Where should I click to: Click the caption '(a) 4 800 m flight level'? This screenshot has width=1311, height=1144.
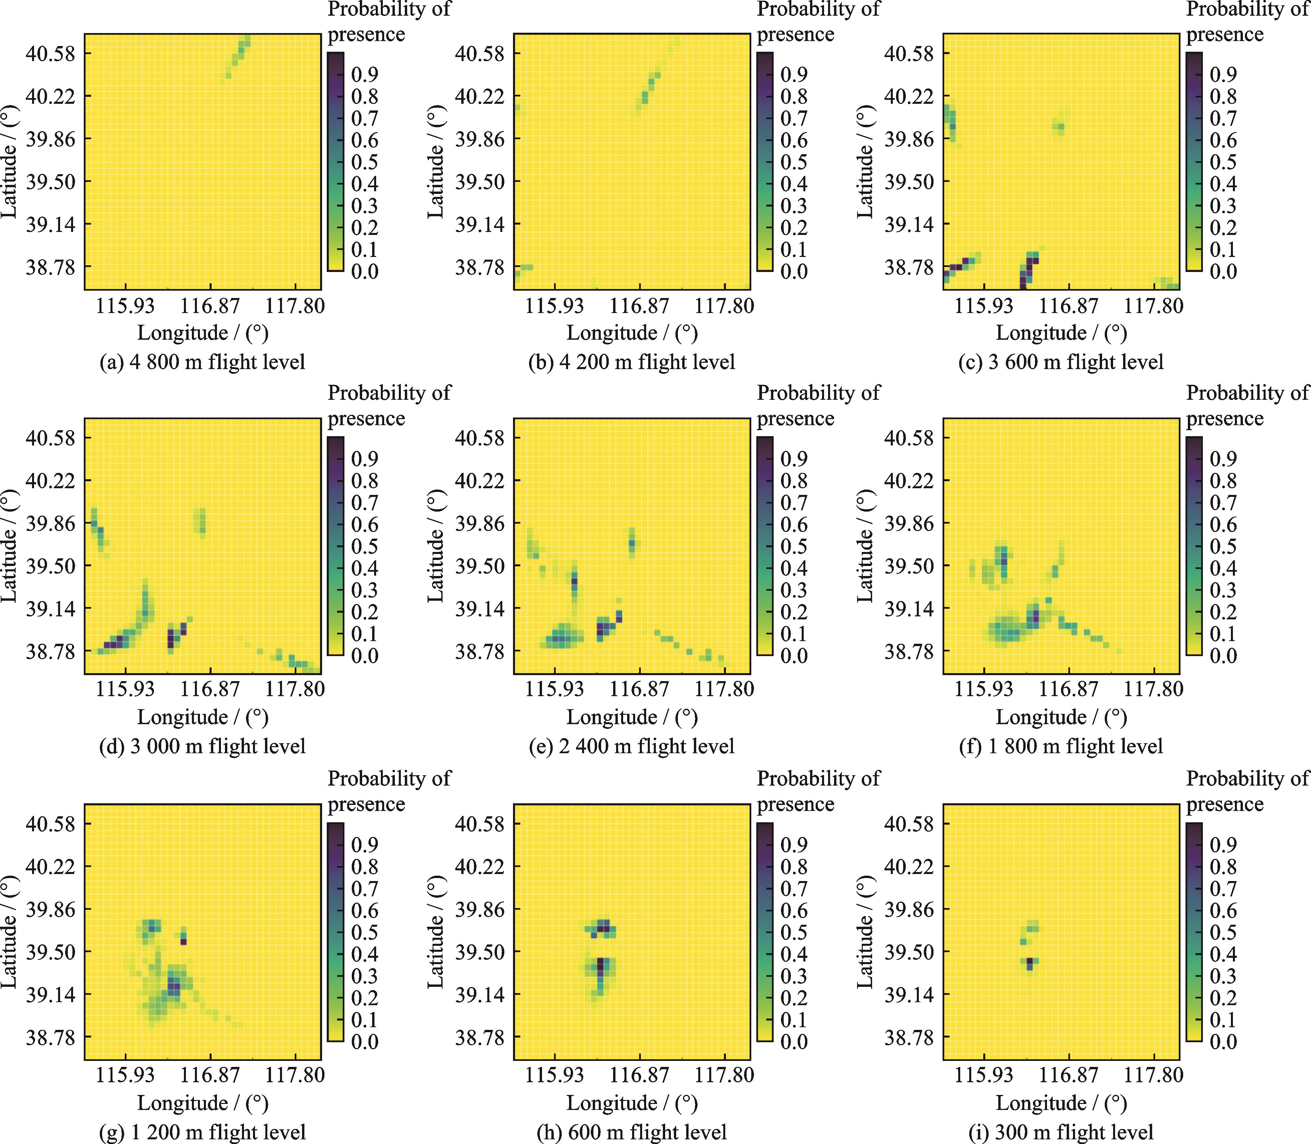pos(203,362)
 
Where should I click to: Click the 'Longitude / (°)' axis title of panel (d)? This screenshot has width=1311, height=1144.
pos(203,717)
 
